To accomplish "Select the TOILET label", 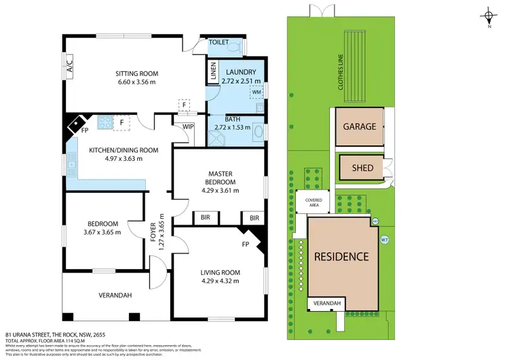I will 219,41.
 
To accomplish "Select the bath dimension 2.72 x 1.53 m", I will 231,127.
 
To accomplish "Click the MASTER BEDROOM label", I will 219,178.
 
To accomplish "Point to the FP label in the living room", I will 246,242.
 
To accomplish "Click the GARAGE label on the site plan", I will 359,127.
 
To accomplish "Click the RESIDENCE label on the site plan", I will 341,257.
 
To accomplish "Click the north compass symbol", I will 488,16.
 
